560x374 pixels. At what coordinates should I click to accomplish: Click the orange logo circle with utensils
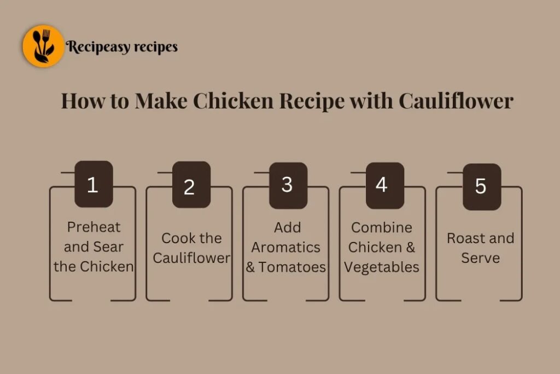[43, 47]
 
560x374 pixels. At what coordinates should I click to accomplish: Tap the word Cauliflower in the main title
[456, 101]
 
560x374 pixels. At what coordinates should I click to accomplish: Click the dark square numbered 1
[93, 185]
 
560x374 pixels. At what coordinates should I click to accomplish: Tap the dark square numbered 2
[190, 186]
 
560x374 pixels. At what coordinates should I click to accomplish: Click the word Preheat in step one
[94, 227]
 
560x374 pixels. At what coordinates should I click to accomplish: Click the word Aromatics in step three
[285, 247]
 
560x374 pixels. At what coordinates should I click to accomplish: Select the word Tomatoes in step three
[293, 267]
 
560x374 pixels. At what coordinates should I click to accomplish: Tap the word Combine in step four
[382, 227]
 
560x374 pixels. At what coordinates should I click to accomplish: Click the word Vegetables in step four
[382, 267]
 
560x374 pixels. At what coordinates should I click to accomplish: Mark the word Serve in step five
[480, 258]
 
